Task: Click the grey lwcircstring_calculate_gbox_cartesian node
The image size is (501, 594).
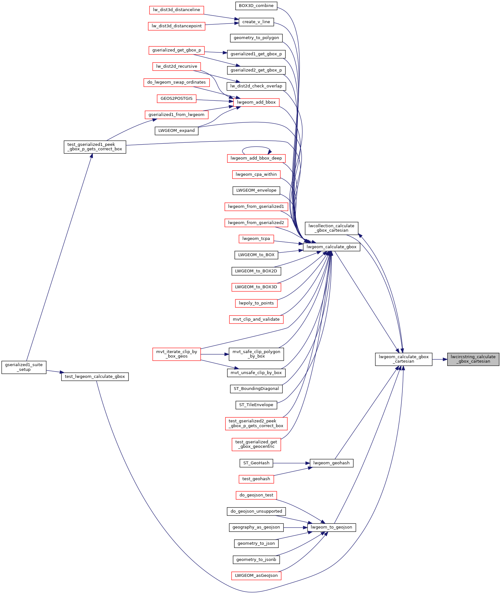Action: (x=473, y=359)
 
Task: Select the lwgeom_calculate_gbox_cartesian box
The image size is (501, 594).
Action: (x=404, y=359)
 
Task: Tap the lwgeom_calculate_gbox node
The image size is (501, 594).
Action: (x=331, y=247)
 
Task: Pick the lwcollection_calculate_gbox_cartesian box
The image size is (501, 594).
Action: (x=331, y=228)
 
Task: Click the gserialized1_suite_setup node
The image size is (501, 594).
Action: (x=24, y=367)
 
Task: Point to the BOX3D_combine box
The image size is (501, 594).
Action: (x=256, y=6)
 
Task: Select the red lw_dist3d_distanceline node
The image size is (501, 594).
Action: (x=177, y=10)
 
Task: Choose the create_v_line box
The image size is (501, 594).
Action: (x=256, y=22)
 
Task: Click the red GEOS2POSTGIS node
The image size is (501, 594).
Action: (x=177, y=99)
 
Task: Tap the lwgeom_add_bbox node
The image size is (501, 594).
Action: (x=256, y=102)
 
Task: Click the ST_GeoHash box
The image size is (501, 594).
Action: (x=256, y=463)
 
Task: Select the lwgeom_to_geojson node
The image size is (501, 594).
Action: (x=331, y=527)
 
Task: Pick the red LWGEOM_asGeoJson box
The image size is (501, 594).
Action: (x=256, y=576)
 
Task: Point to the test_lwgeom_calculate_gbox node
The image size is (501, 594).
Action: (x=95, y=377)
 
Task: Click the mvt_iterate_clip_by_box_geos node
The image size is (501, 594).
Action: (x=177, y=354)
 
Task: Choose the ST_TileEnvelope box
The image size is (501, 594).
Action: (x=256, y=405)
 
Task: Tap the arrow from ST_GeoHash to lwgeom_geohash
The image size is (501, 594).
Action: (x=291, y=463)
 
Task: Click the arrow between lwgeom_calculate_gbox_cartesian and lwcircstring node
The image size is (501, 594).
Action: (x=440, y=359)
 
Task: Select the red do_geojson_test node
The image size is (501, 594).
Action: (x=256, y=495)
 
